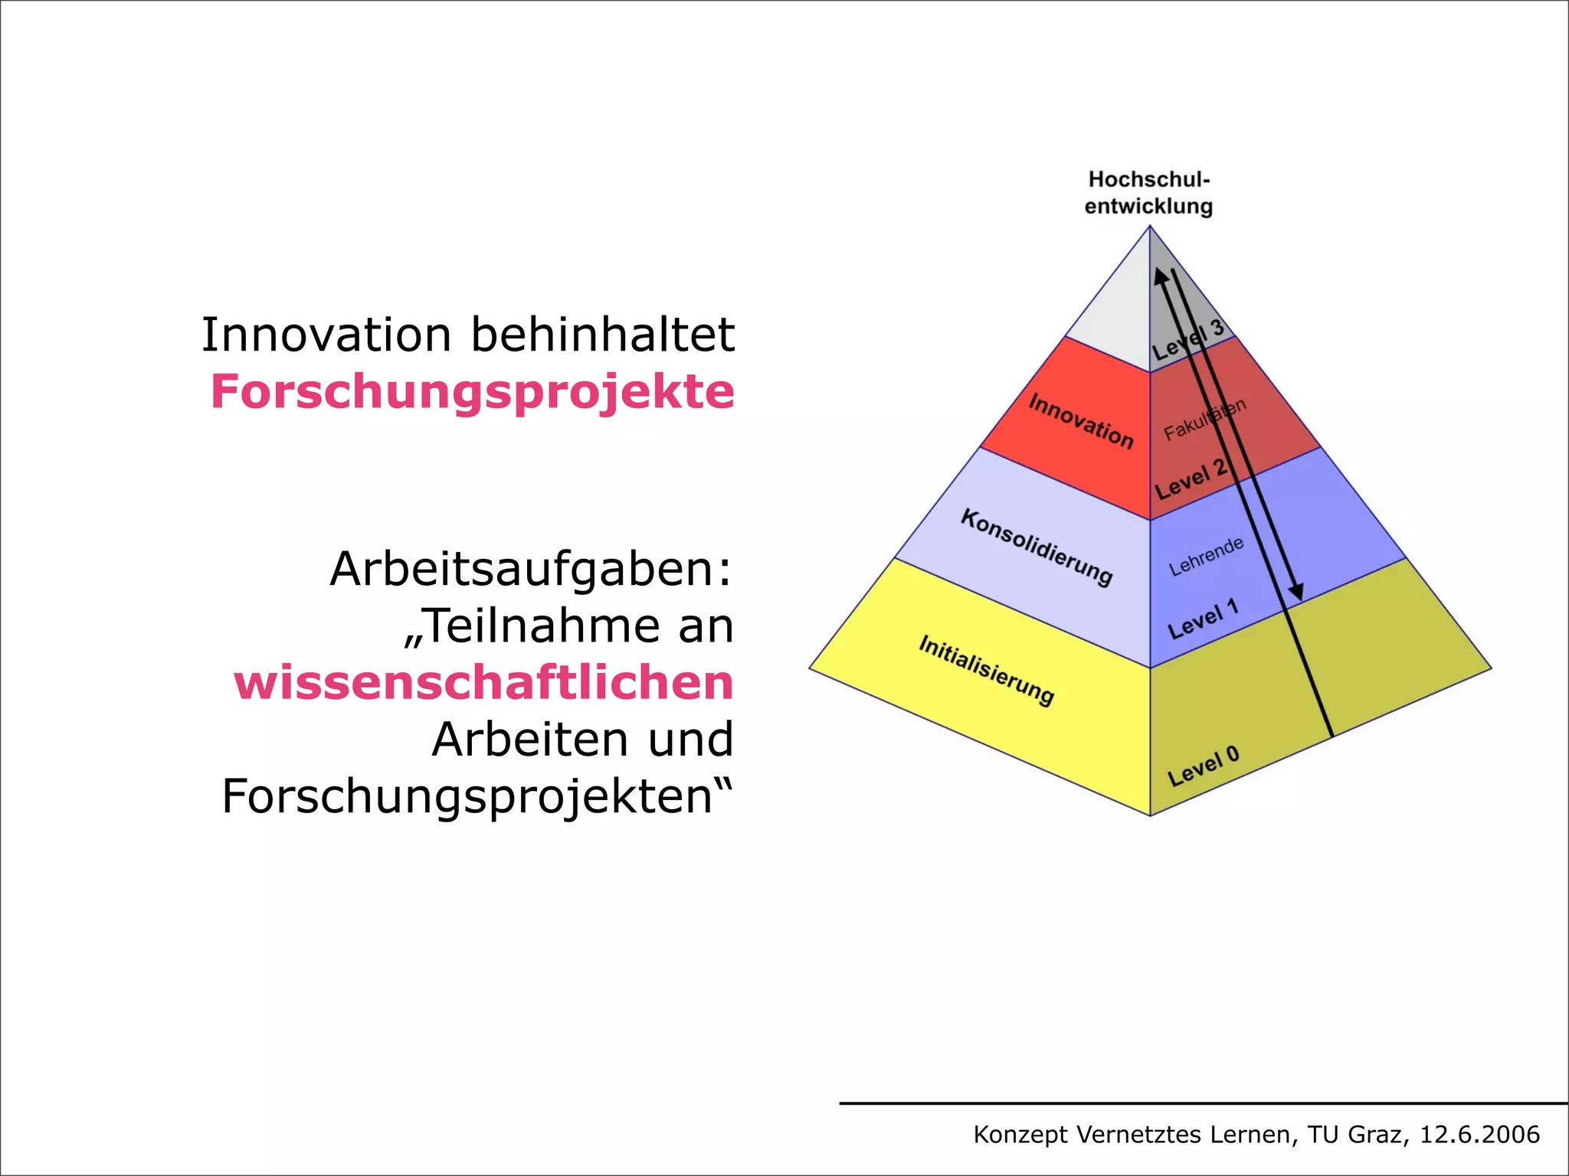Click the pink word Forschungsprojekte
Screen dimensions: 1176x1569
pyautogui.click(x=472, y=392)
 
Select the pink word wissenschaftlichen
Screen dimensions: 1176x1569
pyautogui.click(x=483, y=683)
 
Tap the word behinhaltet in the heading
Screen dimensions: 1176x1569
pyautogui.click(x=603, y=335)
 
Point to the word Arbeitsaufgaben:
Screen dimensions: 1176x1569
pyautogui.click(x=531, y=570)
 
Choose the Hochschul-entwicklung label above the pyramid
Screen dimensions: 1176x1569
pyautogui.click(x=1148, y=193)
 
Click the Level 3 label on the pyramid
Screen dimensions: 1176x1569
pyautogui.click(x=1188, y=341)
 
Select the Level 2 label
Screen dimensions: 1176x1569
pyautogui.click(x=1191, y=479)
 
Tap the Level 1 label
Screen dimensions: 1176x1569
pyautogui.click(x=1203, y=619)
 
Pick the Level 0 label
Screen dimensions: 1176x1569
pyautogui.click(x=1203, y=766)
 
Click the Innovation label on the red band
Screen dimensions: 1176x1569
pyautogui.click(x=1080, y=420)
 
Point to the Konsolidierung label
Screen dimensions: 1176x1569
pyautogui.click(x=1036, y=547)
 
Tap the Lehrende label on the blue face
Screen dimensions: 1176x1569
pyautogui.click(x=1206, y=557)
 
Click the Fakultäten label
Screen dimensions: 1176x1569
pyautogui.click(x=1204, y=420)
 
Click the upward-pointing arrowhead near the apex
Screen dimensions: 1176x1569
pyautogui.click(x=1161, y=276)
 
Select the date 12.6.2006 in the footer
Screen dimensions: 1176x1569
pyautogui.click(x=1479, y=1135)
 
